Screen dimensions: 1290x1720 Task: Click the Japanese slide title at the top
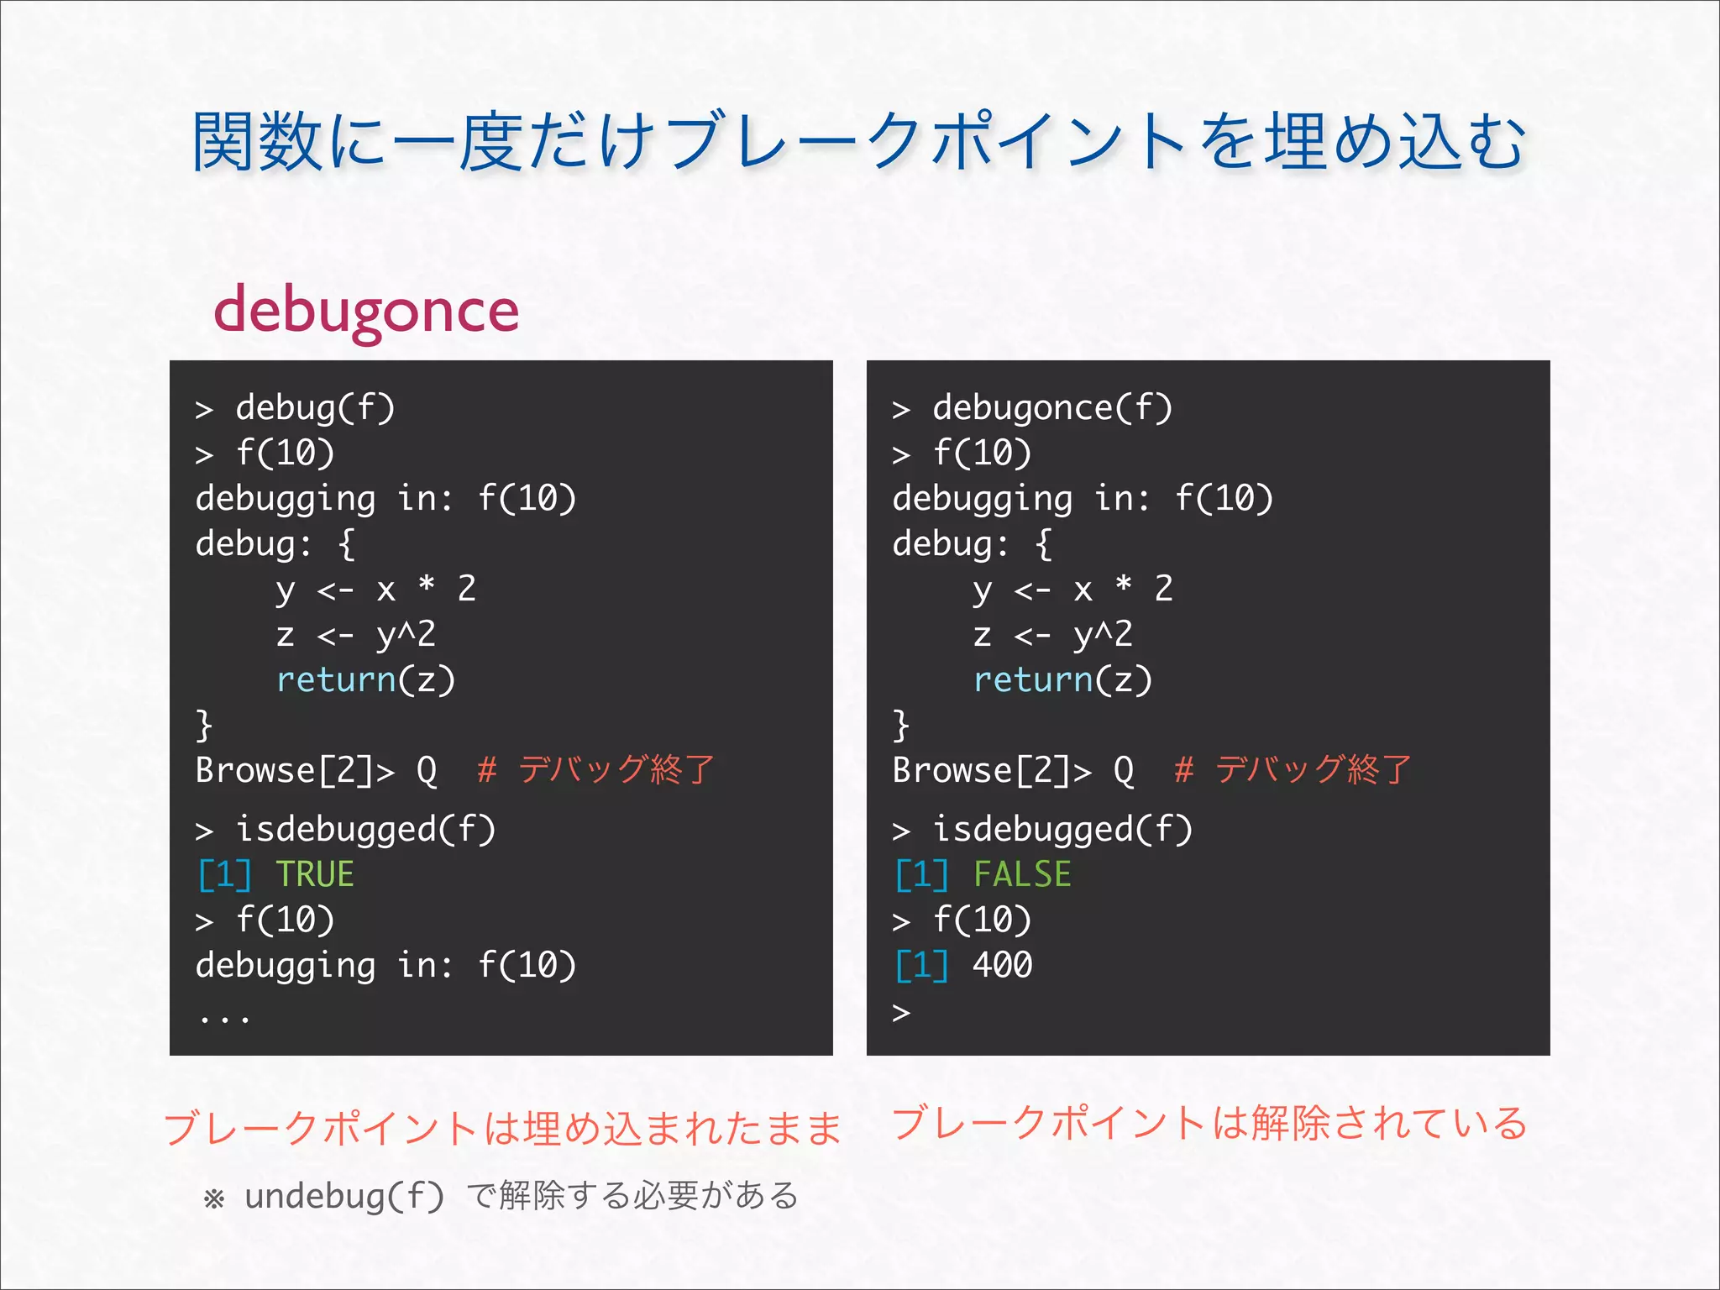(858, 141)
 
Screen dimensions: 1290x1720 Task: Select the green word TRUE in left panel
(315, 874)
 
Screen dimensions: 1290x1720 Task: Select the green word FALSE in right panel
(1022, 874)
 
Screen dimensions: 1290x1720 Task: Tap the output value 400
(1002, 965)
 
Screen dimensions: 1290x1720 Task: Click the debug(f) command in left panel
(314, 408)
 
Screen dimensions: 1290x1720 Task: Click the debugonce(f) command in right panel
(1051, 408)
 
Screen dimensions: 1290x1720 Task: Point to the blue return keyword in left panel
(336, 679)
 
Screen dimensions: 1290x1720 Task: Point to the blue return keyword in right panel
(1033, 679)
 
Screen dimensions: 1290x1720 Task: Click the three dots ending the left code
(224, 1018)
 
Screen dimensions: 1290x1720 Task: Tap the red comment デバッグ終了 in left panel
(616, 769)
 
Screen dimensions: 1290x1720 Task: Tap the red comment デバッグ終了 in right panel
(1313, 769)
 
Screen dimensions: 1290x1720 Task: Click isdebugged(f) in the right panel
(1062, 830)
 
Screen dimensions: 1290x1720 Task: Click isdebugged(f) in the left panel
(365, 830)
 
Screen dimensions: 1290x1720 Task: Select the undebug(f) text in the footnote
(344, 1196)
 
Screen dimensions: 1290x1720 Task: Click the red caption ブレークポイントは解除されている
(1209, 1123)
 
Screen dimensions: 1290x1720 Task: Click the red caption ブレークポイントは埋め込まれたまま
(502, 1127)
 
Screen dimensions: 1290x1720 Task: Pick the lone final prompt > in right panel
(901, 1012)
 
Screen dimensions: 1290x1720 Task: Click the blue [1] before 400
(921, 965)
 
